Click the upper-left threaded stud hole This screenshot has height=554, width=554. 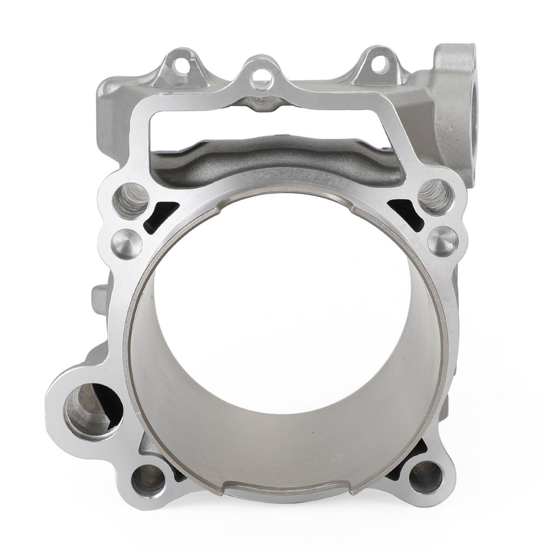click(x=130, y=200)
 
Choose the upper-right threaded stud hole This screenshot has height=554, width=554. click(x=436, y=196)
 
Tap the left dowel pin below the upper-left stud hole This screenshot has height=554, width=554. click(x=127, y=243)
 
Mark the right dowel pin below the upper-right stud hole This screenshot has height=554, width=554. click(x=443, y=241)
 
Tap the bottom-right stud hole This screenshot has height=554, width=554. click(x=425, y=477)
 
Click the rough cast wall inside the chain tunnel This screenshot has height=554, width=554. click(x=271, y=157)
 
